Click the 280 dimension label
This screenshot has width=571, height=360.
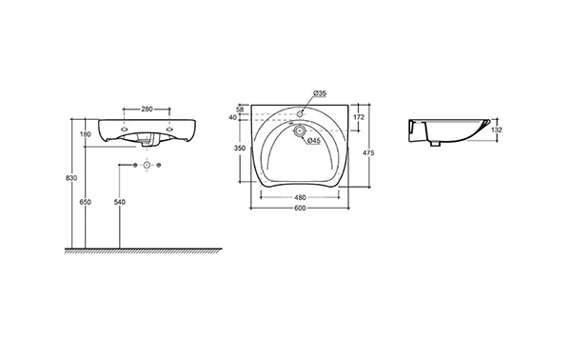coord(147,109)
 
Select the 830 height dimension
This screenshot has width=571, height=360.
coord(70,178)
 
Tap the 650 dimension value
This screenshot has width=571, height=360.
coord(86,202)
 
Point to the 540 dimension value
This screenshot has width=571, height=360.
coord(120,202)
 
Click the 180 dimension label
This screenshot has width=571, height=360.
coord(86,134)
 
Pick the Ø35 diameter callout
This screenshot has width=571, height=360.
coord(320,93)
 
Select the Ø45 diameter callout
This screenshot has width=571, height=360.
coord(314,140)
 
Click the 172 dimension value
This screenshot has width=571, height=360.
coord(359,117)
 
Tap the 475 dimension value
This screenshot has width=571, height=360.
coord(368,153)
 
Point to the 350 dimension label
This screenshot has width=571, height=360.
coord(240,149)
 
